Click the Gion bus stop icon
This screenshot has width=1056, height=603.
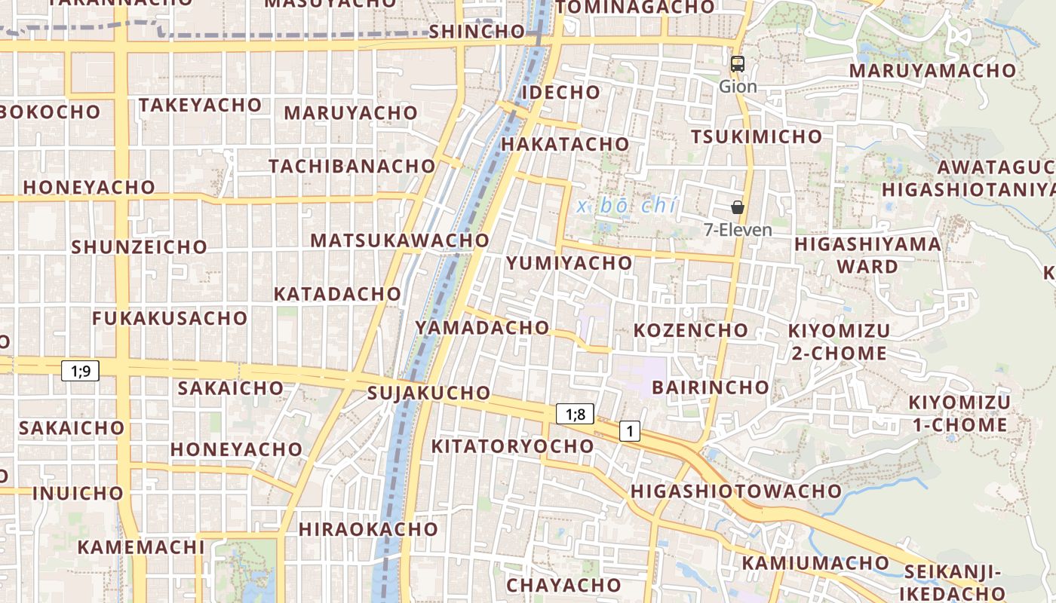(x=738, y=64)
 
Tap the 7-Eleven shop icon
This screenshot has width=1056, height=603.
(x=738, y=207)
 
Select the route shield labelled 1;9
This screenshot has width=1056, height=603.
(x=80, y=371)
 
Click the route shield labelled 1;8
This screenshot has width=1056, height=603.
(x=576, y=414)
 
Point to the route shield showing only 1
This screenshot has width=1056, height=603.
(x=630, y=431)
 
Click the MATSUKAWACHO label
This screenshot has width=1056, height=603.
(x=400, y=240)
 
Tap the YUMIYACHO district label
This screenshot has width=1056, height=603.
(x=569, y=263)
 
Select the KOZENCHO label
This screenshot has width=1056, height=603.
(x=691, y=330)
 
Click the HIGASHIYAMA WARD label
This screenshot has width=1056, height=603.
(x=867, y=255)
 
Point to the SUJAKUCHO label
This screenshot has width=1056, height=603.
(x=428, y=393)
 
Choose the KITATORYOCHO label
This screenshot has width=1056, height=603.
(x=512, y=446)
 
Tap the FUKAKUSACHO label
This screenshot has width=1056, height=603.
(x=170, y=318)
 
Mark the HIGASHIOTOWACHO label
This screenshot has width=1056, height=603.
(x=735, y=491)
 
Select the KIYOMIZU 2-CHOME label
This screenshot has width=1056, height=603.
(x=839, y=341)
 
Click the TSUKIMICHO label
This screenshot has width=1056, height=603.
(x=757, y=137)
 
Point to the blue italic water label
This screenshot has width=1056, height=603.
(x=627, y=206)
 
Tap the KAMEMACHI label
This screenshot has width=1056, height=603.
(x=141, y=547)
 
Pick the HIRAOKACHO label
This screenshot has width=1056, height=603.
(x=368, y=529)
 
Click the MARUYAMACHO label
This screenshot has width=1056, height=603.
(x=932, y=71)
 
